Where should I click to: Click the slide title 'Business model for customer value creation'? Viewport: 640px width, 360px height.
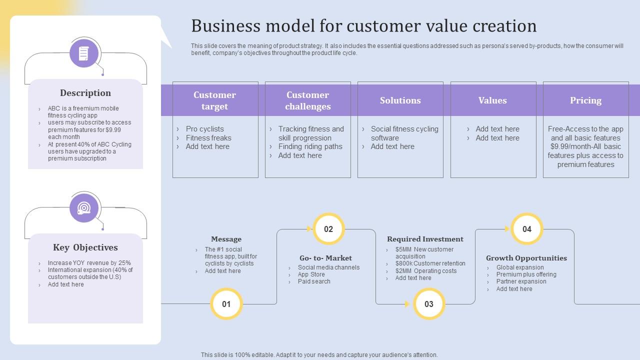coord(363,26)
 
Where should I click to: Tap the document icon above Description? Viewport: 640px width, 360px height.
coord(84,53)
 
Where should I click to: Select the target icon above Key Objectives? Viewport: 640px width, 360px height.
coord(84,208)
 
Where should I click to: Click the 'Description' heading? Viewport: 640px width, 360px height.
coord(85,93)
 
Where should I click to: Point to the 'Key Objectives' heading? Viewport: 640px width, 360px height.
coord(85,247)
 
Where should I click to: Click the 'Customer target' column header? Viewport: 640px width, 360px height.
coord(215,100)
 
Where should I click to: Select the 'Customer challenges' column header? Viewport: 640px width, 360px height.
coord(308,100)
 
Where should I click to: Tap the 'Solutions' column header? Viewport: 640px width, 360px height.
coord(400,100)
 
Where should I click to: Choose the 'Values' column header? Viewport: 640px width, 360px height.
coord(492,100)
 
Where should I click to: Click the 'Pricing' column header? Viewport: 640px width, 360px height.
coord(585,100)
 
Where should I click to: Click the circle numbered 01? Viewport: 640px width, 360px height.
coord(226,304)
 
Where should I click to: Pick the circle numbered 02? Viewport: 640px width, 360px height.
coord(328,229)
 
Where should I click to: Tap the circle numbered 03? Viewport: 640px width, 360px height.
coord(429,304)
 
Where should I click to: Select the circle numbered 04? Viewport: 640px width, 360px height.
coord(527,229)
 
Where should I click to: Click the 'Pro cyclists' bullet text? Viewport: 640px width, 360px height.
coord(204,129)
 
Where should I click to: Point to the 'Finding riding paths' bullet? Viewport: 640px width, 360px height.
coord(310,146)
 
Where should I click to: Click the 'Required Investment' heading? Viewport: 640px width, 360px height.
coord(425,239)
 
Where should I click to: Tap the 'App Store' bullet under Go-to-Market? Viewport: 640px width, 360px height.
coord(311,274)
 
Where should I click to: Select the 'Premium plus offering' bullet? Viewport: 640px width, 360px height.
coord(526,274)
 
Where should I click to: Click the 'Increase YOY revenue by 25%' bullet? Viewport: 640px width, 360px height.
coord(89,263)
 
